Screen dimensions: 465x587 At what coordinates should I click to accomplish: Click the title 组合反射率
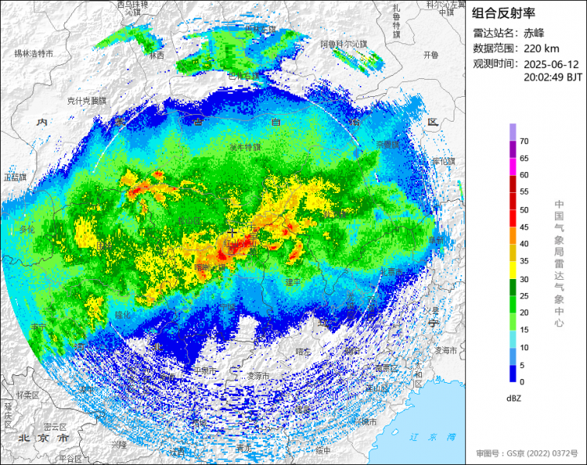click(x=503, y=13)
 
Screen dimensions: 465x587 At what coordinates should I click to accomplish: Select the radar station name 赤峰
click(x=534, y=33)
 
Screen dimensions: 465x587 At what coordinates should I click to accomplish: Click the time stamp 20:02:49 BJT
click(x=553, y=77)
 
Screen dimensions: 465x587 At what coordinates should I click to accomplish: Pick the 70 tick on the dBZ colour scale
click(x=524, y=142)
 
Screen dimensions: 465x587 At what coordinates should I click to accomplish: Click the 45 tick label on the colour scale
click(x=524, y=227)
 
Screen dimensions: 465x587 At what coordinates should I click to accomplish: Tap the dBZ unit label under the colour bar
click(x=513, y=398)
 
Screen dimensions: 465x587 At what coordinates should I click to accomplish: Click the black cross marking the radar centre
click(x=232, y=232)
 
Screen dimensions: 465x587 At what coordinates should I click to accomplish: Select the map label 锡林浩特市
click(x=33, y=54)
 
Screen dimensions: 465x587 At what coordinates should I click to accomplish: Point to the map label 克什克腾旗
click(x=85, y=101)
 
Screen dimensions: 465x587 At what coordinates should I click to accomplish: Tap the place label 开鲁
click(x=431, y=55)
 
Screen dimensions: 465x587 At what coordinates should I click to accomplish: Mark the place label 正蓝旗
click(x=15, y=177)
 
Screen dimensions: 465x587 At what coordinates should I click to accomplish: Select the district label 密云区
click(x=56, y=427)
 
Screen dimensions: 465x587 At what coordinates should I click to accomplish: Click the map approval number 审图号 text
click(x=527, y=452)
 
